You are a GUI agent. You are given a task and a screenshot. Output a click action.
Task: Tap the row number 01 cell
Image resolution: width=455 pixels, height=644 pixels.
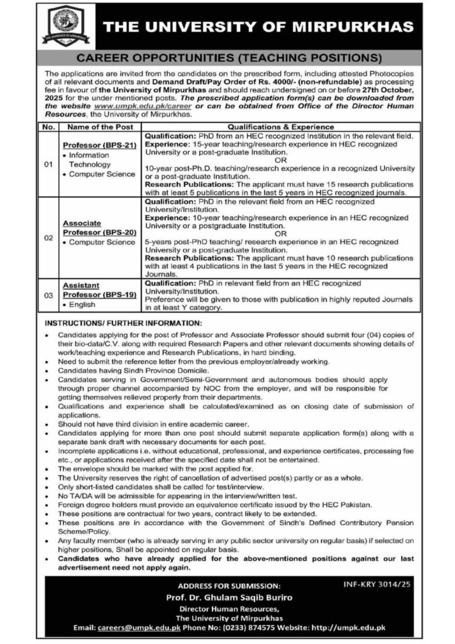tap(47, 165)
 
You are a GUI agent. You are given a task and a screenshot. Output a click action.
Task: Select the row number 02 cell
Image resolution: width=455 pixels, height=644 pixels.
tap(47, 240)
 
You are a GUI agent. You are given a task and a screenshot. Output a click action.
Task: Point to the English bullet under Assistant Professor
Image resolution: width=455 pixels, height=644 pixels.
tap(81, 304)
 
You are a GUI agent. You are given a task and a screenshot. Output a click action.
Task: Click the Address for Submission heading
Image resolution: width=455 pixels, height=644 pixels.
tap(227, 587)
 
